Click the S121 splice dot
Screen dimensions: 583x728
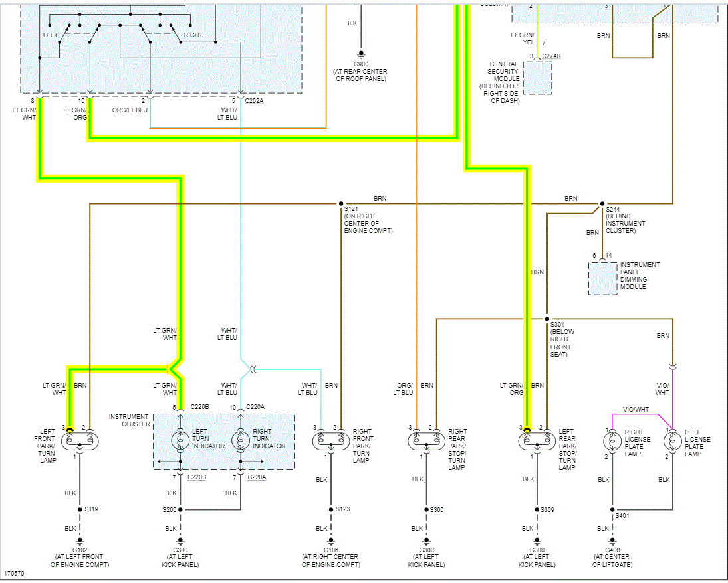341,203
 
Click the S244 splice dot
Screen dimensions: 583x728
602,203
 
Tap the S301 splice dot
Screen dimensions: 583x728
546,319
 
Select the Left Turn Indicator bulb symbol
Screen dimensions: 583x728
180,440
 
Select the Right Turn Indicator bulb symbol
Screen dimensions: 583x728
241,440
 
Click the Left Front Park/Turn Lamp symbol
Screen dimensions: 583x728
80,440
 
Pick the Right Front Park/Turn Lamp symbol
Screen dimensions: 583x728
331,440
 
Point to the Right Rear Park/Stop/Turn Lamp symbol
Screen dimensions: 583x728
426,440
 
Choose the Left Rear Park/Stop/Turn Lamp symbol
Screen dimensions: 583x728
537,440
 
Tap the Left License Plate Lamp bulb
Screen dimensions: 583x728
673,440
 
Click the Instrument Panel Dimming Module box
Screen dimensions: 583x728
602,279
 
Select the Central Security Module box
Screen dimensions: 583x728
537,78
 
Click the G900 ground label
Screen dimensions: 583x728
361,64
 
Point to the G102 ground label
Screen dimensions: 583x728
80,550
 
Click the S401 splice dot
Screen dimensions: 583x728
612,509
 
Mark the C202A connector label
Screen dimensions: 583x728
255,101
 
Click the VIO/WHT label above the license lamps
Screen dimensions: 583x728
636,409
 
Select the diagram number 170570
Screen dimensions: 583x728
15,572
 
